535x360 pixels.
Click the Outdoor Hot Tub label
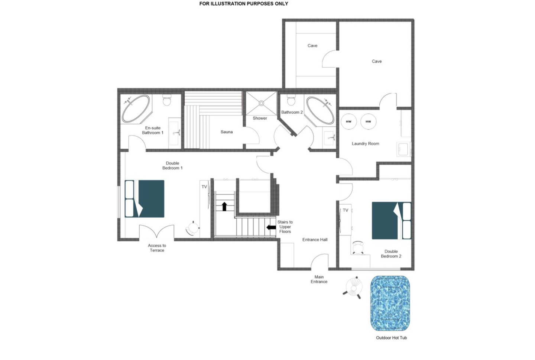(391, 338)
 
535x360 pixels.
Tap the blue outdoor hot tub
(390, 304)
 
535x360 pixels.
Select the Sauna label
(226, 132)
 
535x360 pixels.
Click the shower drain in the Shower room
(261, 103)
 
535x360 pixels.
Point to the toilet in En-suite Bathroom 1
(167, 100)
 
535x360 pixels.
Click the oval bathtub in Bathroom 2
(320, 110)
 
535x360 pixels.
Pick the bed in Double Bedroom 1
(145, 199)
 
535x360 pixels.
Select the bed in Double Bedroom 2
(392, 220)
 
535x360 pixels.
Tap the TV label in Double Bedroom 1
(204, 187)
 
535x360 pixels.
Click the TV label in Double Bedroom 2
(346, 210)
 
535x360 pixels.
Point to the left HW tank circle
(349, 121)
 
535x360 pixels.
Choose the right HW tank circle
(368, 121)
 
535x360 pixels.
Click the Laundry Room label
(366, 143)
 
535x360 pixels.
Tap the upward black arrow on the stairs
(224, 207)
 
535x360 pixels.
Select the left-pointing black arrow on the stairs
(271, 227)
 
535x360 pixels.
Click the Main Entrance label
(319, 279)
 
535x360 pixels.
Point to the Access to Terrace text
(157, 248)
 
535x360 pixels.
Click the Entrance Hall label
(315, 240)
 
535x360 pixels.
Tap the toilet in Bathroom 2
(291, 100)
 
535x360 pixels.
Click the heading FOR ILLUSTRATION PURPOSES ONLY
(244, 4)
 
